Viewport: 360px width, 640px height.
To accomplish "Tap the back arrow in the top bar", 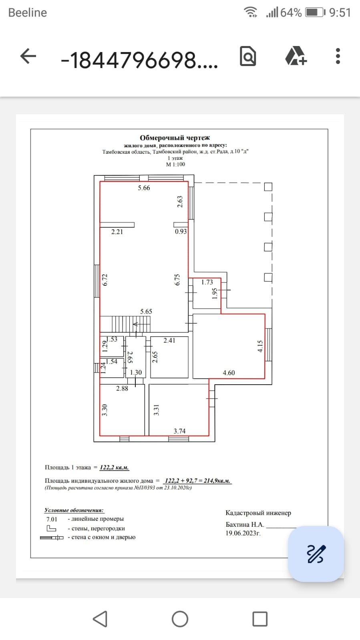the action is pyautogui.click(x=28, y=56).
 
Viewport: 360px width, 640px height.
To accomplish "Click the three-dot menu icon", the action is pyautogui.click(x=338, y=56).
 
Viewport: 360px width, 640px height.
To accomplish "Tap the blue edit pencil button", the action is pyautogui.click(x=316, y=554).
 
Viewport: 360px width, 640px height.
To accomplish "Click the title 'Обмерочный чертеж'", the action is pyautogui.click(x=175, y=138).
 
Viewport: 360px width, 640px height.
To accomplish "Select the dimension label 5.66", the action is pyautogui.click(x=144, y=188).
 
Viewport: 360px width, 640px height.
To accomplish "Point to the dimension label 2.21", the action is pyautogui.click(x=117, y=232).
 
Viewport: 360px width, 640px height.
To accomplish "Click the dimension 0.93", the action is pyautogui.click(x=181, y=231).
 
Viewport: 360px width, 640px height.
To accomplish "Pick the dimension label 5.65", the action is pyautogui.click(x=146, y=311).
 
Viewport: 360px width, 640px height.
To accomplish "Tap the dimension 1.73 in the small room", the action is pyautogui.click(x=207, y=282).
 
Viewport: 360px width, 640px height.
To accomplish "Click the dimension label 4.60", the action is pyautogui.click(x=229, y=373).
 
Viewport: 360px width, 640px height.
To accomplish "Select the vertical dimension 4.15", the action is pyautogui.click(x=260, y=346).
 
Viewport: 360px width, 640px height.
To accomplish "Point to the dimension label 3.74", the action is pyautogui.click(x=179, y=431).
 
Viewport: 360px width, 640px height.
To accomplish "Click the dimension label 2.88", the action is pyautogui.click(x=122, y=388).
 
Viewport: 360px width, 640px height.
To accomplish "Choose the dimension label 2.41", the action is pyautogui.click(x=169, y=340).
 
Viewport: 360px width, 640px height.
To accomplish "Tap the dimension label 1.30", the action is pyautogui.click(x=136, y=372).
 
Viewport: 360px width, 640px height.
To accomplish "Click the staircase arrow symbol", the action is pyautogui.click(x=136, y=324).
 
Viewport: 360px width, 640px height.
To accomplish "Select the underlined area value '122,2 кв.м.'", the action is pyautogui.click(x=114, y=467).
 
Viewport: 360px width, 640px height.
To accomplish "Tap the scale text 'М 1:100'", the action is pyautogui.click(x=175, y=164).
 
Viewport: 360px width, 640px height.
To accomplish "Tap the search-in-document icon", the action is pyautogui.click(x=248, y=56).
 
